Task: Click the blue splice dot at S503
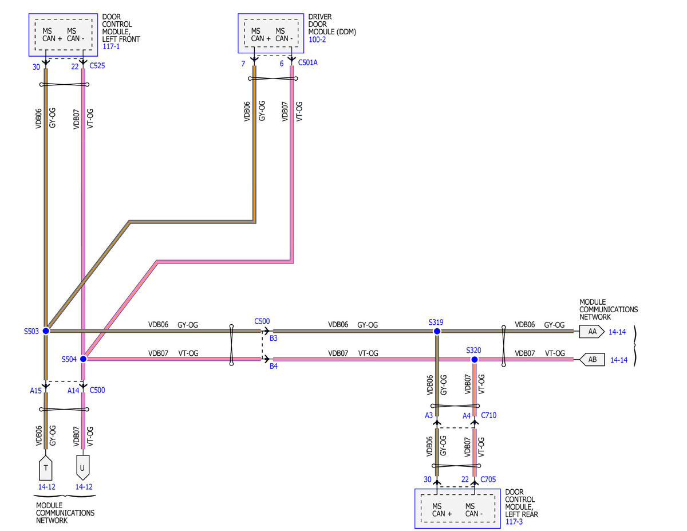coord(46,331)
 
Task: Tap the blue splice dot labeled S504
coord(84,359)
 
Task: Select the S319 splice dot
coord(437,331)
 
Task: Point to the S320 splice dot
coord(475,360)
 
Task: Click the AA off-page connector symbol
coord(591,332)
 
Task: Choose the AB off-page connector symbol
coord(592,360)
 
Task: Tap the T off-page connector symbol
coord(46,468)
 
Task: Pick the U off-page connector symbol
coord(83,468)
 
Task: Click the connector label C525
coord(97,66)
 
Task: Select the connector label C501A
coord(307,62)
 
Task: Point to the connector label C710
coord(488,415)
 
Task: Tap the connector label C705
coord(488,479)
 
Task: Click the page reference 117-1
coord(111,46)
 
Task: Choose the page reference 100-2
coord(317,40)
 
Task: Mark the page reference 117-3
coord(514,522)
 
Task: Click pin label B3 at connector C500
coord(274,339)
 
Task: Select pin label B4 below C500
coord(274,366)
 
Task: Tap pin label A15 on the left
coord(35,391)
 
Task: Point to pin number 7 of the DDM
coord(243,64)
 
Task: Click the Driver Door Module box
coord(271,33)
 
